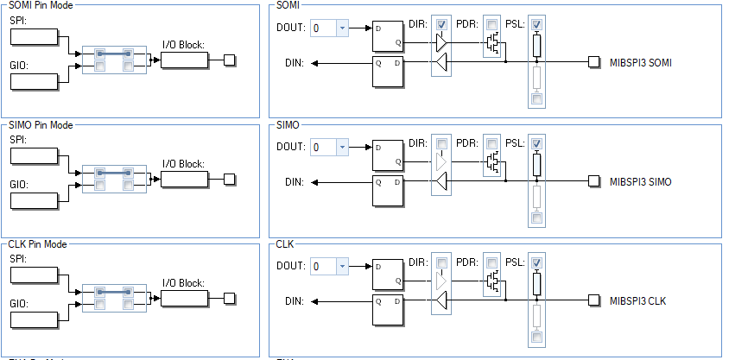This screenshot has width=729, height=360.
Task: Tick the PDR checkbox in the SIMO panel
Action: [x=491, y=142]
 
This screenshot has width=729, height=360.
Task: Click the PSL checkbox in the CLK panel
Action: [x=537, y=262]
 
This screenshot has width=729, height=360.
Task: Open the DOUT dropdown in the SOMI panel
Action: [x=343, y=28]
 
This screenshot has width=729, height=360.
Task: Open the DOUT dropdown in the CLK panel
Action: [x=343, y=267]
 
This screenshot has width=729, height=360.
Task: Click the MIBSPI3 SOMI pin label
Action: [x=640, y=62]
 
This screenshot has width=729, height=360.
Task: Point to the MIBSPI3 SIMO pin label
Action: [x=640, y=181]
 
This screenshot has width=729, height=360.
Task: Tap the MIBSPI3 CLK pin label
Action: [x=638, y=300]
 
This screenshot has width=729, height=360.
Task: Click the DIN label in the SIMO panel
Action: [x=295, y=181]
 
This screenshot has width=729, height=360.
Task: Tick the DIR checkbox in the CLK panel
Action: [x=442, y=262]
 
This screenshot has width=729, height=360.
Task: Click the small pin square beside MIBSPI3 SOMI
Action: [x=593, y=62]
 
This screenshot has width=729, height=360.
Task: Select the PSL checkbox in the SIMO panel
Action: [x=537, y=142]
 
